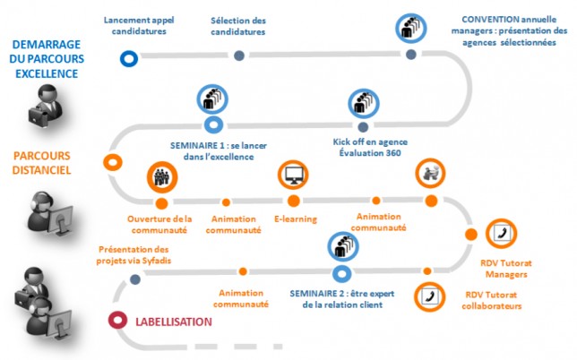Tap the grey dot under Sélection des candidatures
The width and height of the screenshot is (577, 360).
pos(239,56)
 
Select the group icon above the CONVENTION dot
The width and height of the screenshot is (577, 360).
pos(411,29)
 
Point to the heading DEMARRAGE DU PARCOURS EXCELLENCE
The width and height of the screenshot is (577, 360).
pos(47,59)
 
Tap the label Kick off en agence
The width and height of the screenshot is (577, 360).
pos(370,141)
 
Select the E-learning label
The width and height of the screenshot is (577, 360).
pos(296,219)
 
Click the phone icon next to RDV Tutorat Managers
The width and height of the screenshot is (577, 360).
pos(501,234)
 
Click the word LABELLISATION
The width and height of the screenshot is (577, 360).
pos(174,321)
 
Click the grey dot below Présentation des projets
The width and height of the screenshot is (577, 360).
pos(135,279)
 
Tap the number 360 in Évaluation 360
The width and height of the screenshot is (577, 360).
pos(393,153)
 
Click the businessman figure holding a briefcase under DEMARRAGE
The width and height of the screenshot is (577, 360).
pos(46,106)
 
